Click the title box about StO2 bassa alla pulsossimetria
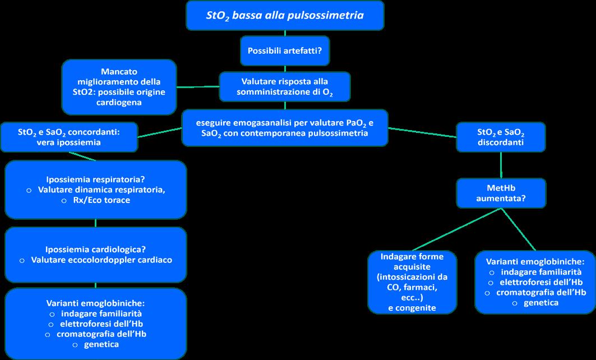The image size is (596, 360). pos(285,16)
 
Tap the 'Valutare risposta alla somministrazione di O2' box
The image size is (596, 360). pos(284,86)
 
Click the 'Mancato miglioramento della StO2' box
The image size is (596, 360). pos(119,87)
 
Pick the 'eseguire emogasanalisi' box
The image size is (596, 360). pos(284,128)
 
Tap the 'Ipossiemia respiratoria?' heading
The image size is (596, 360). pos(95,180)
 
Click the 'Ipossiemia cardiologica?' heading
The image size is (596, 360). pos(95,249)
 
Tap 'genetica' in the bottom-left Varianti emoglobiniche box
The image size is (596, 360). pos(101,344)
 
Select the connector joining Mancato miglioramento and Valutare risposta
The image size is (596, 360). pos(197,86)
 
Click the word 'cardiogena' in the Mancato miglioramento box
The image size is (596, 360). pos(118,103)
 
